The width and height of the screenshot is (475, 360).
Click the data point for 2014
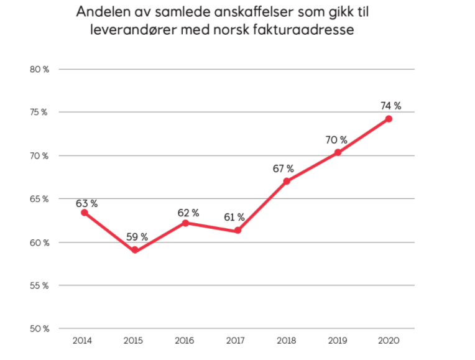click(85, 213)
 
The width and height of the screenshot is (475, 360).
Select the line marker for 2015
click(135, 251)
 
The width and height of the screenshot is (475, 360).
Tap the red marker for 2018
click(287, 182)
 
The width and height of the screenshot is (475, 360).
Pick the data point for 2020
click(389, 119)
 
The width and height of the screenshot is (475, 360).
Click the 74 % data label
click(391, 106)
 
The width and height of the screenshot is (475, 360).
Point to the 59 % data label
click(137, 237)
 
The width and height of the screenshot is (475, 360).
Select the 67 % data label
click(283, 168)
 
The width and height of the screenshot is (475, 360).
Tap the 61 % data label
click(234, 218)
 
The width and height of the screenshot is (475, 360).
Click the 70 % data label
click(336, 140)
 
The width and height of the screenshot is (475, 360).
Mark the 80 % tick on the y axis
click(39, 69)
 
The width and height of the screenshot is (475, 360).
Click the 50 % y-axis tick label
click(39, 329)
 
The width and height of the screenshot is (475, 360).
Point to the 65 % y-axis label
click(39, 199)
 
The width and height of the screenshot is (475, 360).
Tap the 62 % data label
click(188, 213)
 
